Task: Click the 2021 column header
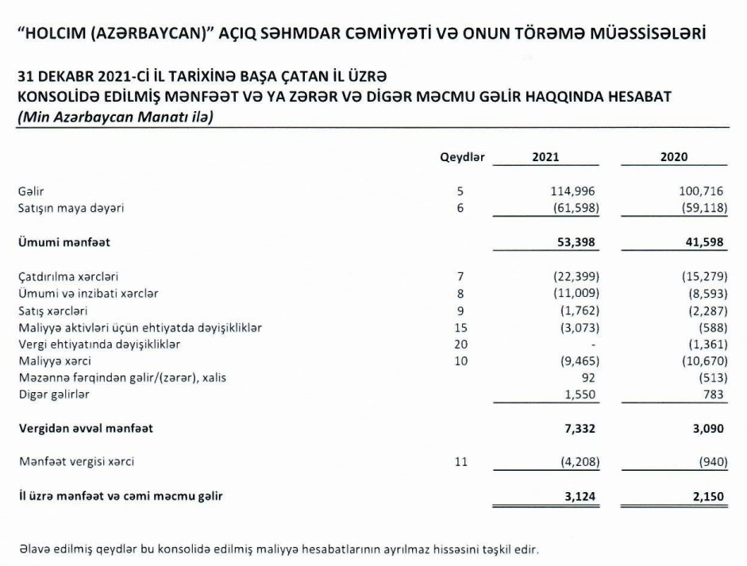point(545,157)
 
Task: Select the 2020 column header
point(674,157)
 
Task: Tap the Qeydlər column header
point(462,157)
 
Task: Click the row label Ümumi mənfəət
point(64,241)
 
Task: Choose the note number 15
point(461,327)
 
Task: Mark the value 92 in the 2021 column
point(588,378)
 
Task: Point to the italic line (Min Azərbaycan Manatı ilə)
point(116,115)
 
